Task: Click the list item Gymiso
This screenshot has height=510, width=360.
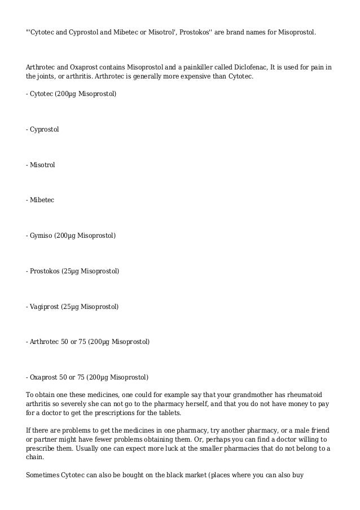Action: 41,235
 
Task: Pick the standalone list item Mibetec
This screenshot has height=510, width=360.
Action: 42,199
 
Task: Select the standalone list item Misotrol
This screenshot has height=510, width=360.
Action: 42,164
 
